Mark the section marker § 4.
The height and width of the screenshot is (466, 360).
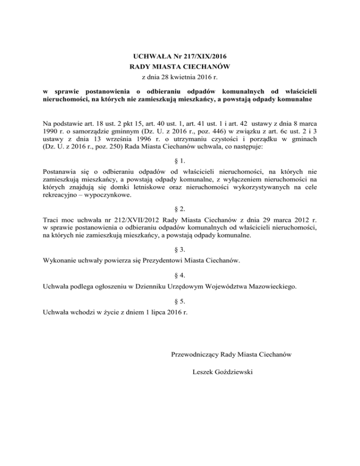click(x=180, y=275)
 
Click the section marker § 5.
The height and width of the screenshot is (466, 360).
click(x=180, y=298)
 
